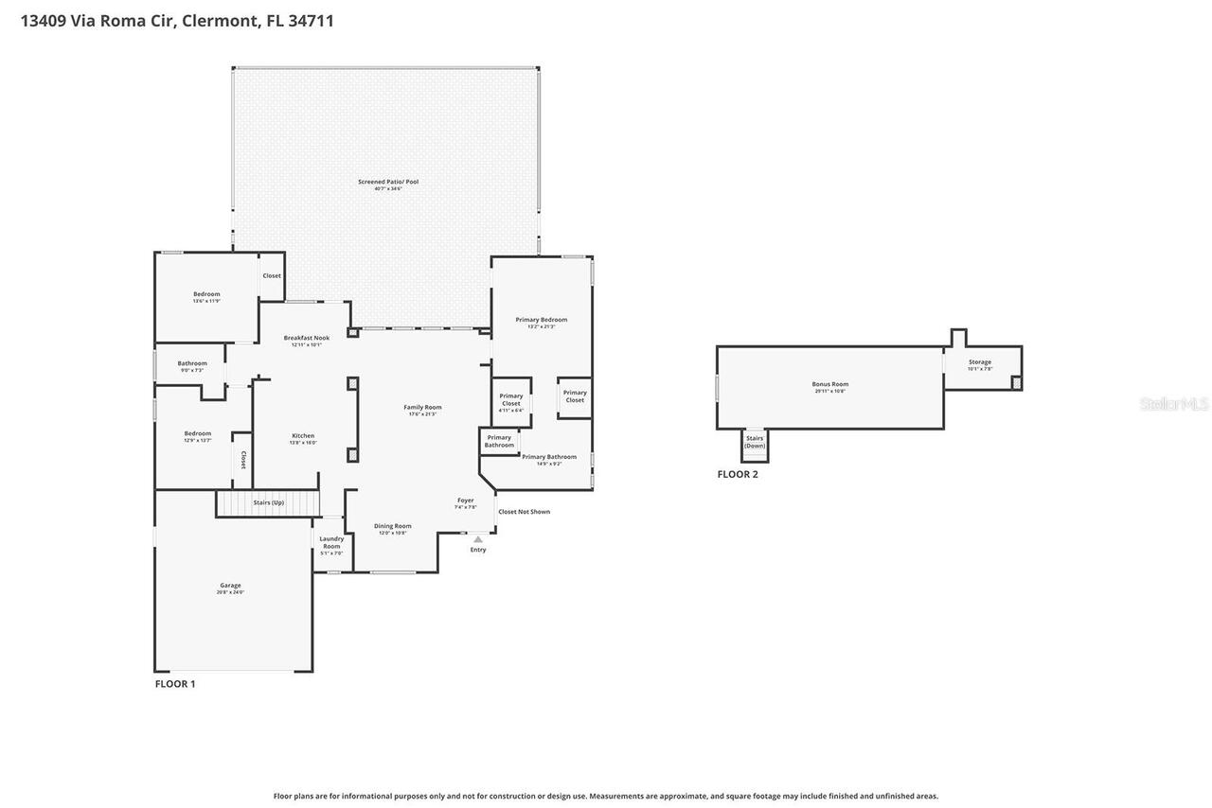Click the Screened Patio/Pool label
[387, 182]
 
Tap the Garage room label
[230, 586]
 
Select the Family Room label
[422, 408]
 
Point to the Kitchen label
[303, 436]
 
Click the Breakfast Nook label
[306, 338]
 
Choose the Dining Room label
[392, 526]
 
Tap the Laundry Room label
[331, 542]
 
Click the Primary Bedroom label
[541, 320]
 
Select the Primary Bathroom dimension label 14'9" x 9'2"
[549, 464]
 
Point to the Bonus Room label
[829, 384]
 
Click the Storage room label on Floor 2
[979, 362]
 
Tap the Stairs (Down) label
[755, 442]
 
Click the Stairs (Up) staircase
[268, 502]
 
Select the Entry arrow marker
[478, 539]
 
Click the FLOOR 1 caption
[175, 683]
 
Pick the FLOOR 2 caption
[738, 474]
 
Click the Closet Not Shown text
[524, 512]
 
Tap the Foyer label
[465, 501]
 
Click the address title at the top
[177, 21]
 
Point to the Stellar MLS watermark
[1174, 404]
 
